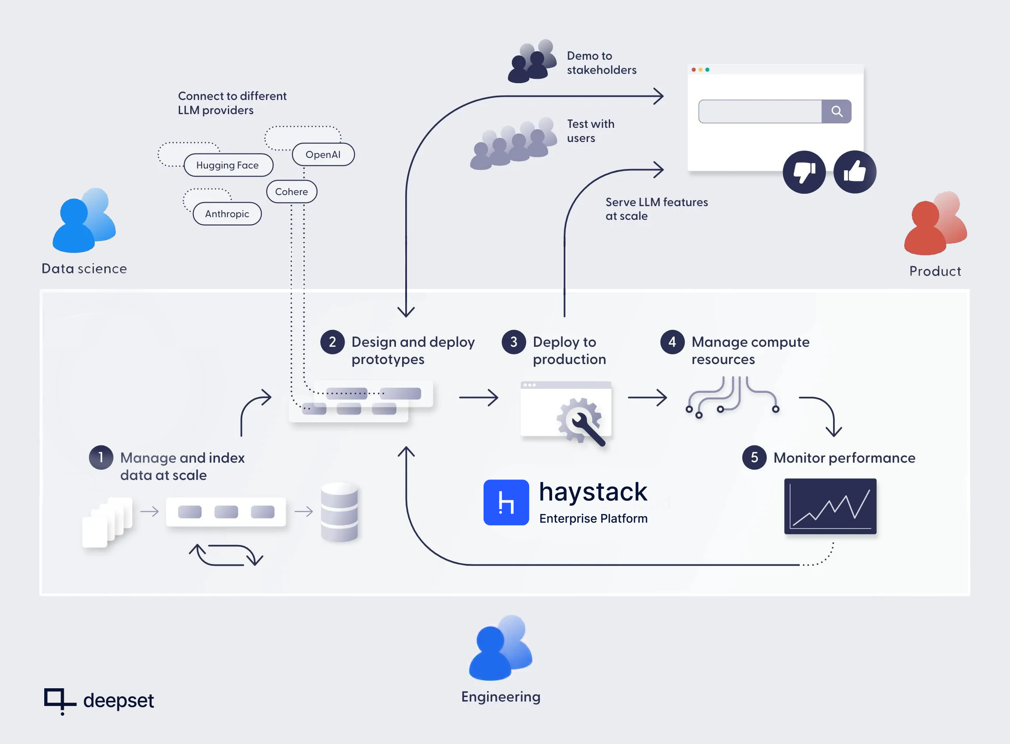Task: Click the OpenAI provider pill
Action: [x=323, y=154]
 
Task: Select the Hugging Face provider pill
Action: [x=228, y=165]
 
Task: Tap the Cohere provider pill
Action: [x=292, y=192]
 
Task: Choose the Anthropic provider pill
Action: [x=227, y=214]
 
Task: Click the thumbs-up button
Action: [x=854, y=172]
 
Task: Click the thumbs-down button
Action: [x=804, y=172]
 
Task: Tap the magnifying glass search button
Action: [x=837, y=111]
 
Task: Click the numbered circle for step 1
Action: [x=101, y=457]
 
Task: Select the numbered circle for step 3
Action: [x=514, y=342]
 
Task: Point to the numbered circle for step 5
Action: [x=754, y=457]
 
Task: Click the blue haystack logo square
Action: [x=506, y=502]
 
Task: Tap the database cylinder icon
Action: [x=339, y=512]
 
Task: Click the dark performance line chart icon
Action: [x=830, y=506]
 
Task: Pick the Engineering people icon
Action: [x=500, y=648]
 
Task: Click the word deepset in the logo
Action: [x=119, y=700]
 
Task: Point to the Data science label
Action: [x=84, y=268]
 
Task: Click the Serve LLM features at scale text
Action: [x=657, y=209]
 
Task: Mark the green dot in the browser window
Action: [x=707, y=70]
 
